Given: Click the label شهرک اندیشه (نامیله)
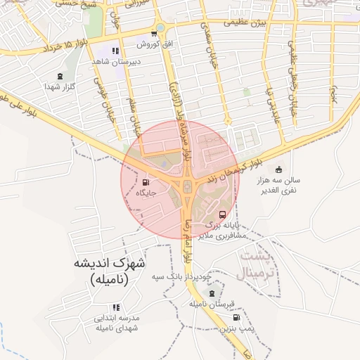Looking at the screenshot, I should [108, 271].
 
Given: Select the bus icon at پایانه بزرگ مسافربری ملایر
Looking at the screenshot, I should [223, 214].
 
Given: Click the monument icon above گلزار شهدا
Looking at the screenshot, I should [59, 76].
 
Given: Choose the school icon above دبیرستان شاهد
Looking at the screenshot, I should [115, 51].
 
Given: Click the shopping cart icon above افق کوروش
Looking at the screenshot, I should [154, 34].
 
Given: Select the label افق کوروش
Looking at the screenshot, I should [154, 44].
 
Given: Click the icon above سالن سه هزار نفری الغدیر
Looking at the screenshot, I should [278, 169].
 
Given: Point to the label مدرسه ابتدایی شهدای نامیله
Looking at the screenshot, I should [117, 323].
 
